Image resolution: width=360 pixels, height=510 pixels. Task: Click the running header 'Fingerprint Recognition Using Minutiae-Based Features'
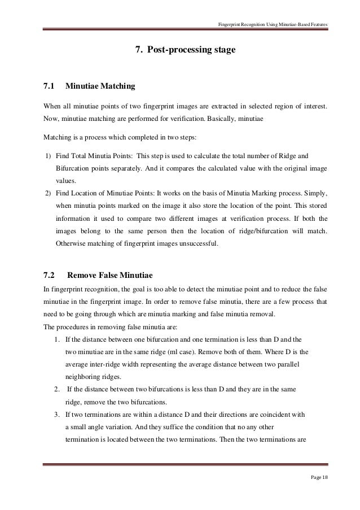click(273, 23)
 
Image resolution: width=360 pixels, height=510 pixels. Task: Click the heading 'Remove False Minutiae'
click(110, 276)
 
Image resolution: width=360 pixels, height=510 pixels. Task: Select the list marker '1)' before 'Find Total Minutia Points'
click(48, 155)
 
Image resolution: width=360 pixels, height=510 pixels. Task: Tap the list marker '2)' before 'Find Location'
click(48, 193)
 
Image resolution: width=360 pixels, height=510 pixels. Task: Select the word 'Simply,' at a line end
click(316, 193)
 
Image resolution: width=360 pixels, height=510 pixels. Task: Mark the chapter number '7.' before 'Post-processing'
click(138, 50)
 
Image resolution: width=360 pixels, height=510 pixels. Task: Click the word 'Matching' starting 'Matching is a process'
click(57, 137)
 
